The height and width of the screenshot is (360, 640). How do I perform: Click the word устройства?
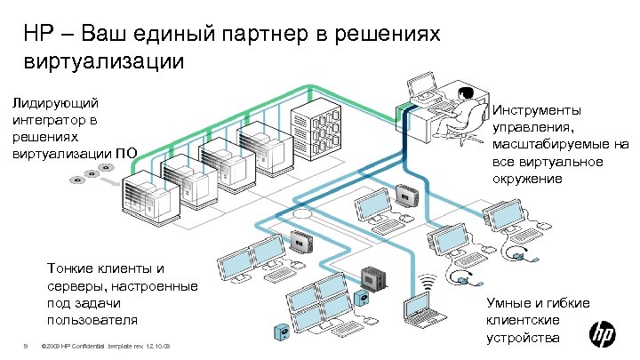coord(523,337)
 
